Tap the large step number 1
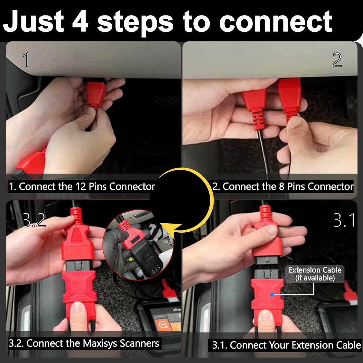point(26,60)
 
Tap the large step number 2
point(337,60)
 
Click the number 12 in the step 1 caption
point(81,187)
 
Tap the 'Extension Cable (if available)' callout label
point(315,274)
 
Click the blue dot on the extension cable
point(272,294)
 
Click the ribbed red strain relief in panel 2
point(257,119)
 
